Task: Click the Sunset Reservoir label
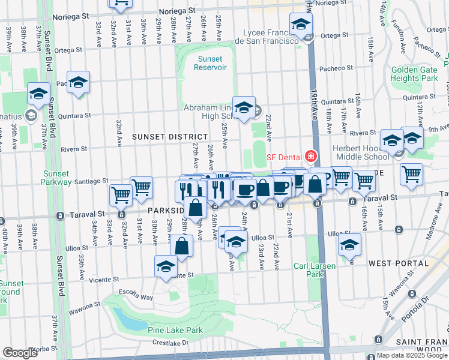210,63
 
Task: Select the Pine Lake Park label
175,329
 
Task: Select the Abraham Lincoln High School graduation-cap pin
244,108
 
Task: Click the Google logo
20,353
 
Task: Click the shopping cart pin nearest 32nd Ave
121,194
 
